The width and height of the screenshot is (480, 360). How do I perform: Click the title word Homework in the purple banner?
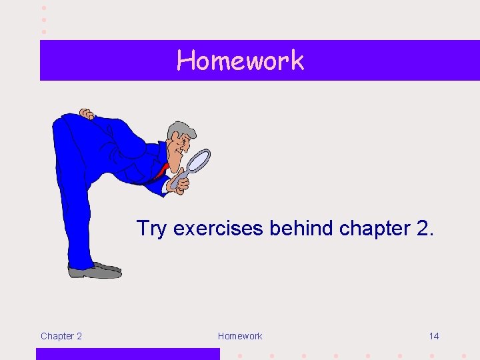click(x=240, y=61)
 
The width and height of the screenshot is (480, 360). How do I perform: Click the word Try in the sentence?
click(x=152, y=229)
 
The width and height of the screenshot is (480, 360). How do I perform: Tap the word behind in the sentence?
click(x=302, y=229)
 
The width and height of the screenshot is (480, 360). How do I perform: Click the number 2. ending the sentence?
click(x=424, y=229)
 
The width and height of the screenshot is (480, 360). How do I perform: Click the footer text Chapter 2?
click(x=61, y=336)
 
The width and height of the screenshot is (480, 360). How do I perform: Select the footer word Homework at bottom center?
click(x=240, y=336)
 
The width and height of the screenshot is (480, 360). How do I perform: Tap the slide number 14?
click(x=434, y=336)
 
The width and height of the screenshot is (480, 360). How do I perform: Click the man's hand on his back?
click(x=86, y=114)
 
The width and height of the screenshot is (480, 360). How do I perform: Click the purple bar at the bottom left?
click(x=127, y=353)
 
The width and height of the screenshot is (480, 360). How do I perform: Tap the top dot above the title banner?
click(x=44, y=7)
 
